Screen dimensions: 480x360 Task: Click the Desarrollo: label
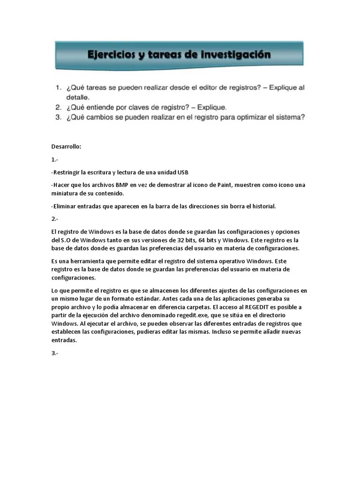click(x=66, y=147)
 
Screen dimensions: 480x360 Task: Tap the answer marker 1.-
click(x=55, y=159)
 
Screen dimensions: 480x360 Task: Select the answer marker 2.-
click(x=55, y=219)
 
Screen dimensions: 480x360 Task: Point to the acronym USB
click(x=182, y=172)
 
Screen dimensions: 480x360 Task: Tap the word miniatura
click(x=66, y=193)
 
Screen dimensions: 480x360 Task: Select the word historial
click(x=262, y=206)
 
